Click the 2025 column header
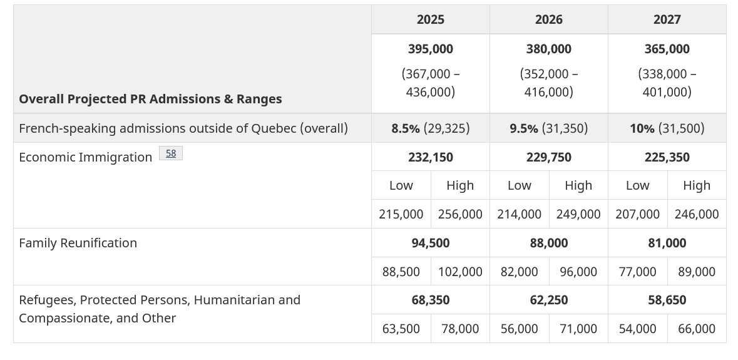point(430,19)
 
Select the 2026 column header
point(548,19)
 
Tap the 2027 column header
point(667,19)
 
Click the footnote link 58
point(171,153)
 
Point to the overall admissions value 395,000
point(430,49)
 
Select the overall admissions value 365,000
point(667,49)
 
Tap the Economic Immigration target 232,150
point(430,157)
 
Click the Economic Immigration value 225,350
point(667,157)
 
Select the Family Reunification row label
point(78,243)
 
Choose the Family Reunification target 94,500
point(430,243)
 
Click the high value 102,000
point(460,272)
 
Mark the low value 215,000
point(401,214)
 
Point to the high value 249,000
point(578,214)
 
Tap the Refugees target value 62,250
point(548,300)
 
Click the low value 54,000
point(637,329)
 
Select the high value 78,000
point(460,329)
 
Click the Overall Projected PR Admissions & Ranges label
point(150,99)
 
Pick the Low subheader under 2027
point(637,185)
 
